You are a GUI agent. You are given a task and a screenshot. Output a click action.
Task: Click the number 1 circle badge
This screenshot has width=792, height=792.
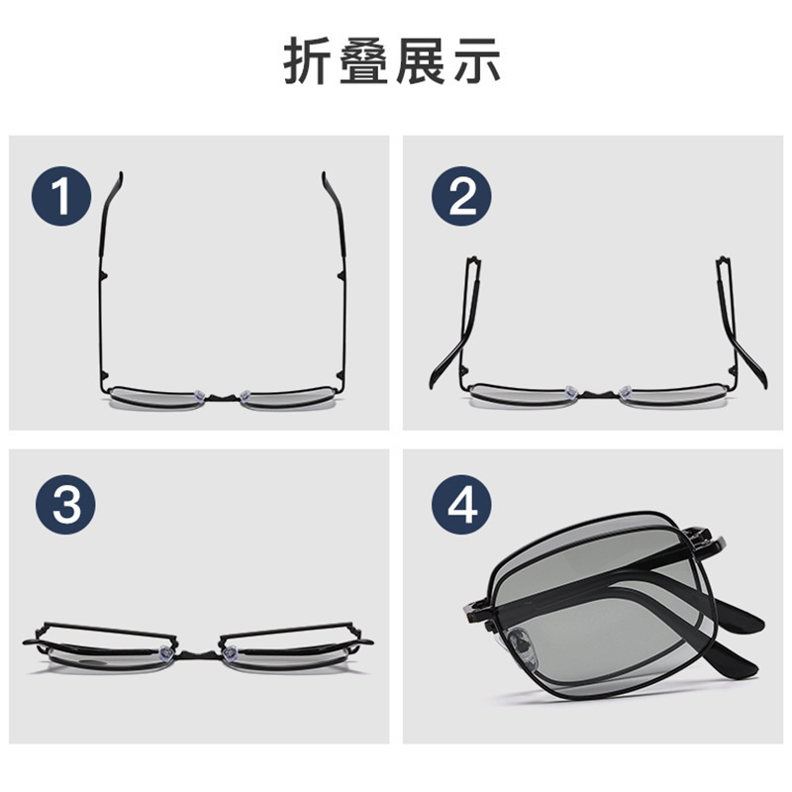(61, 196)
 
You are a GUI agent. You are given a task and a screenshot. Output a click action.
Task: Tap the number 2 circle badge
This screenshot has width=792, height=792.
(461, 196)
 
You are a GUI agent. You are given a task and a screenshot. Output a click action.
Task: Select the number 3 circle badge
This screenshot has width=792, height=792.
(65, 505)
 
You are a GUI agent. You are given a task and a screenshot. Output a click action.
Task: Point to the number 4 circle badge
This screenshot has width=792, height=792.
(461, 505)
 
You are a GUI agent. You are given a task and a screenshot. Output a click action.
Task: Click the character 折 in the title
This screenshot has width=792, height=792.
(309, 60)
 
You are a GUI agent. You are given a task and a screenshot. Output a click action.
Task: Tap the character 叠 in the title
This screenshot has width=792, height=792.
(364, 60)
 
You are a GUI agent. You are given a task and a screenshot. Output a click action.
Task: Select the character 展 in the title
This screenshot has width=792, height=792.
(420, 60)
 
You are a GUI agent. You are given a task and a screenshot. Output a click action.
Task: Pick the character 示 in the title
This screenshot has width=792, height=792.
(476, 60)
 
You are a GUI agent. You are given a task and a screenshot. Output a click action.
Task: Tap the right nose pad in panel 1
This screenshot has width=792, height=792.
(246, 395)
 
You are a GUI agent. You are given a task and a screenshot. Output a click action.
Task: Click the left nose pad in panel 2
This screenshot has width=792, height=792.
(571, 391)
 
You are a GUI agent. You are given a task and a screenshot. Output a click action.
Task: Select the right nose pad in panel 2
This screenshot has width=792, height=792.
(626, 391)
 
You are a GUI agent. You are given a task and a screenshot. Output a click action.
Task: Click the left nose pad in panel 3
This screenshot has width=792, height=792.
(164, 652)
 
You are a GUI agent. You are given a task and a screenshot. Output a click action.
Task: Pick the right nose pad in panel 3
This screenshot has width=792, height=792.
(230, 653)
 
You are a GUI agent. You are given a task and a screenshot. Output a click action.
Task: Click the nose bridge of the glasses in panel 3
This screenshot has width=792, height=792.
(197, 655)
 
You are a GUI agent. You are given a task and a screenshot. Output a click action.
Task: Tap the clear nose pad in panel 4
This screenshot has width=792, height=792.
(521, 644)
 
